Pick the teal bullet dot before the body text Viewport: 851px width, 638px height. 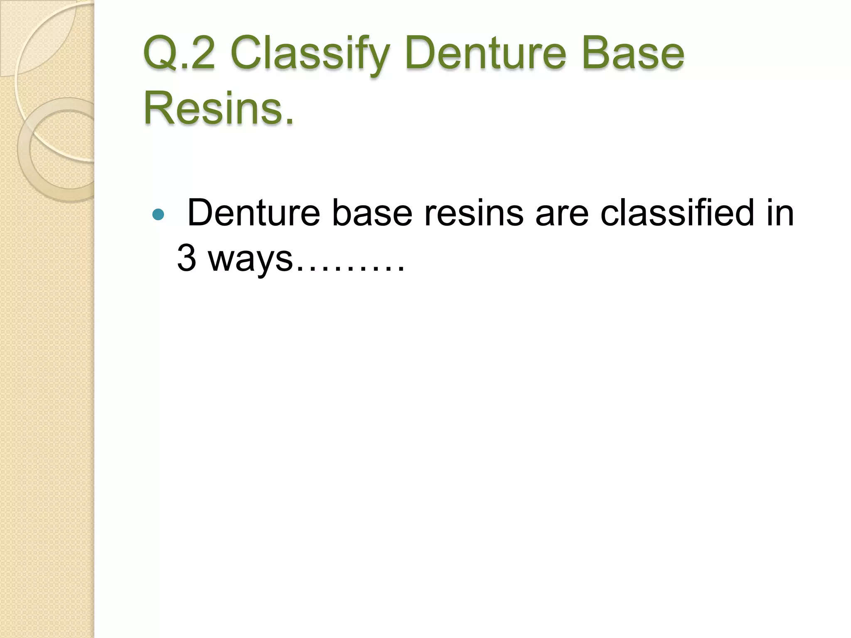click(158, 214)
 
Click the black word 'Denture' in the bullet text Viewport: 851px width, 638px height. click(254, 213)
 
